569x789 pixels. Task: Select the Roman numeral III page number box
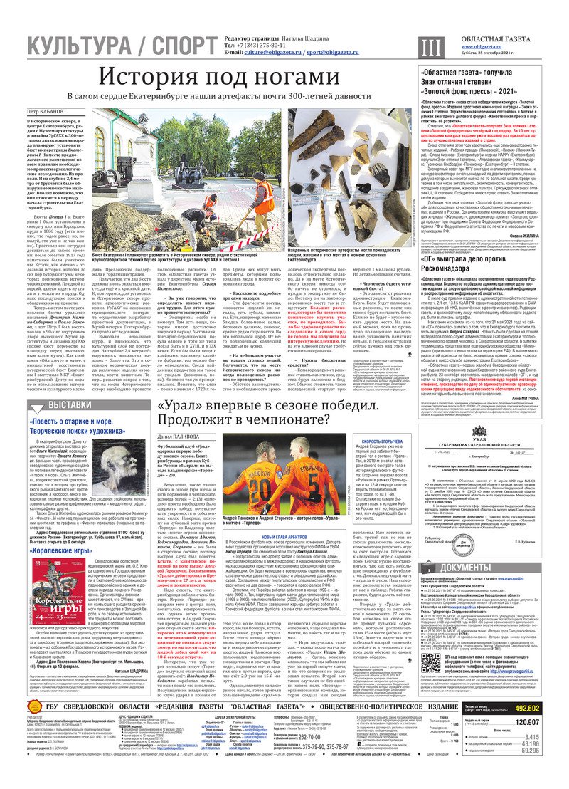click(427, 46)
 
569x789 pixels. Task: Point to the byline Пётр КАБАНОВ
click(46, 112)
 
